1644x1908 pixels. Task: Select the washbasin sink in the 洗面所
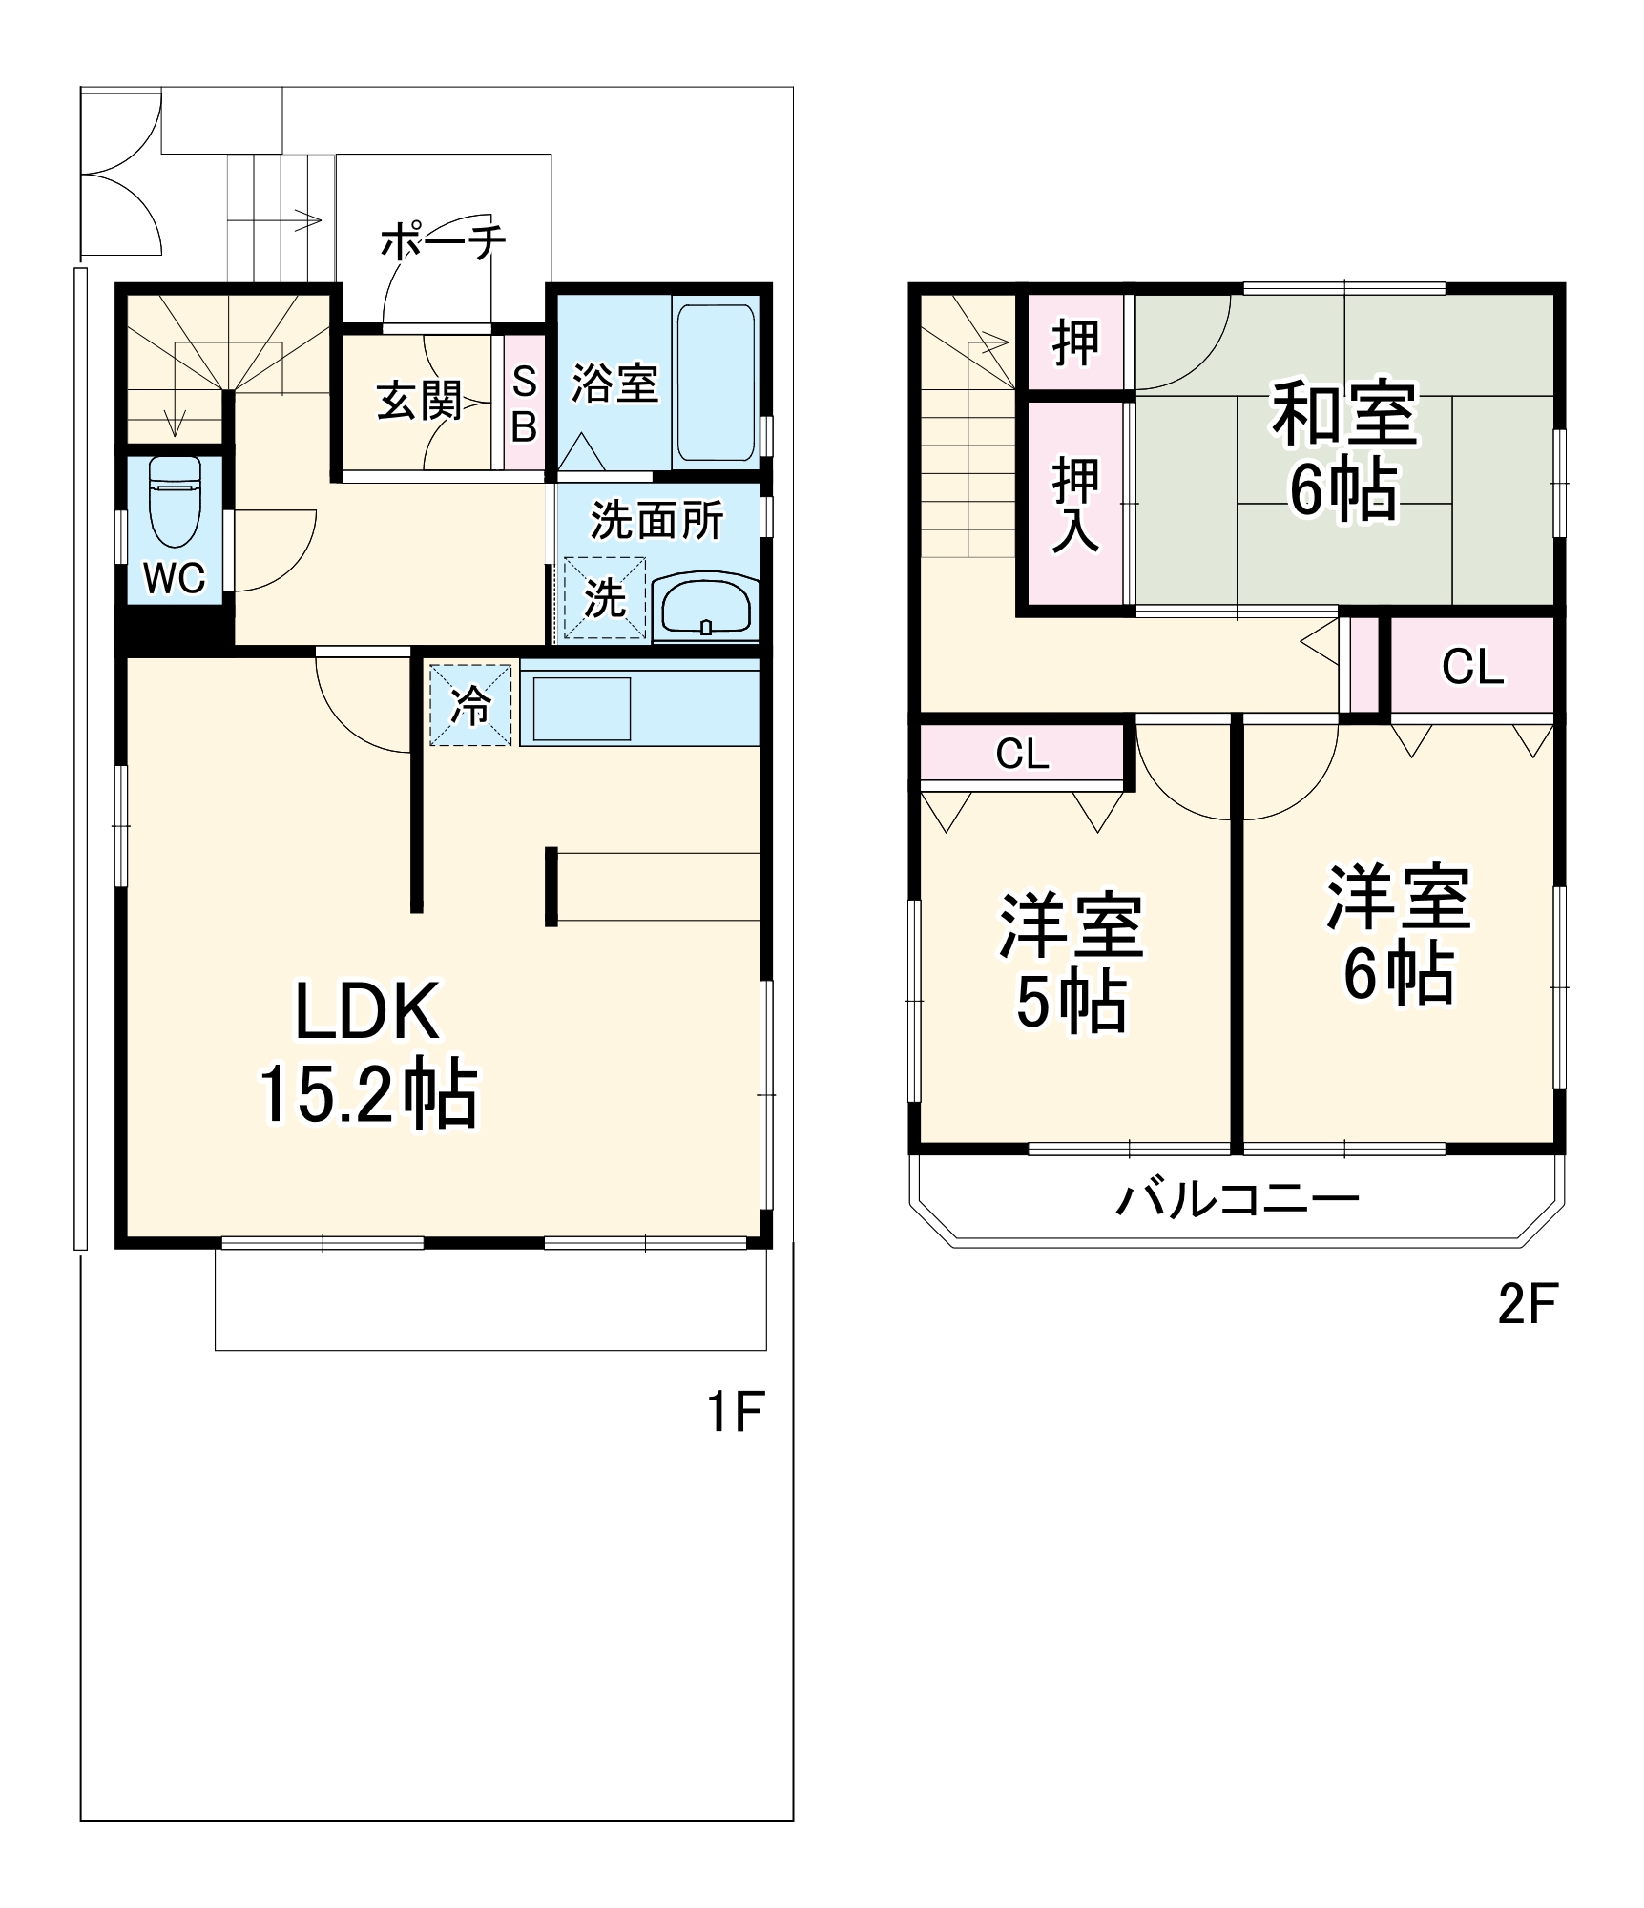705,606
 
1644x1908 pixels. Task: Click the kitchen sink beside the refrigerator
581,708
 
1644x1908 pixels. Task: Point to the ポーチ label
443,242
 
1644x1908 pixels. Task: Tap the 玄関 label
418,401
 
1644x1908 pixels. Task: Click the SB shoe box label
524,405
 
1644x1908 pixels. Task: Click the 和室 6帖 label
1342,450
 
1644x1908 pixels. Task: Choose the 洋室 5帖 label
1071,964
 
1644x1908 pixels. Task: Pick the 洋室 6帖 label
1398,935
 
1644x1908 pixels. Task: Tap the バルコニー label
1238,1199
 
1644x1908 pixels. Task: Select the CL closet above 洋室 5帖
1022,755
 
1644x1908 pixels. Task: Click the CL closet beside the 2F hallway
1472,667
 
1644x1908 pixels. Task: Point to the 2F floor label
1527,1305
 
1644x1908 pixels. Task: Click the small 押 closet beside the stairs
1075,342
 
